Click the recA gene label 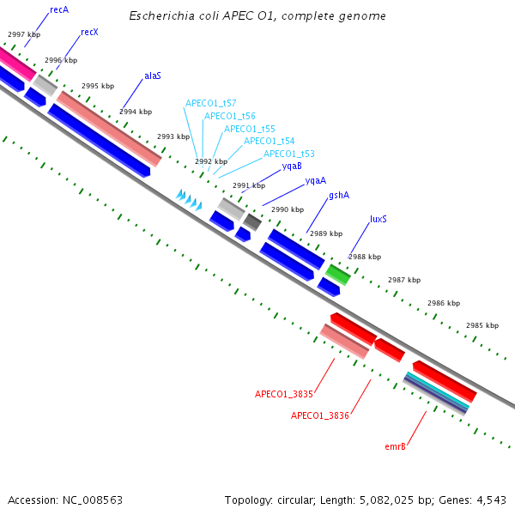59,9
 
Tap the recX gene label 89,32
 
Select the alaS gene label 153,76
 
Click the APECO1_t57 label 210,103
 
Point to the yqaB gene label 292,167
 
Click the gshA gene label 339,196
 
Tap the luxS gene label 379,219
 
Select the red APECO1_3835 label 283,395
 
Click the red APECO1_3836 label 319,415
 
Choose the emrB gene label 395,446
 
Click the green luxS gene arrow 337,274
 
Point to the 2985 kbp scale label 482,326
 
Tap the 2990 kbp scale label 288,209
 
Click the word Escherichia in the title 161,16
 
